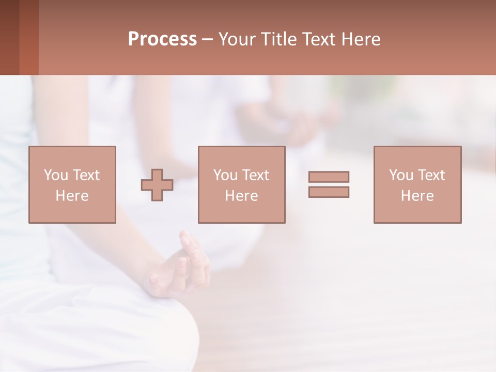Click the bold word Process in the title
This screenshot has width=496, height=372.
click(162, 39)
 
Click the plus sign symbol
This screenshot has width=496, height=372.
click(157, 184)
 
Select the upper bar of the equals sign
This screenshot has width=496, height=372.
click(329, 177)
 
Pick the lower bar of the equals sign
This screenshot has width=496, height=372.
click(329, 192)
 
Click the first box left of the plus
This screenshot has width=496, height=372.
click(72, 184)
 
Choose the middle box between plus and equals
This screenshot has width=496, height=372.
click(241, 184)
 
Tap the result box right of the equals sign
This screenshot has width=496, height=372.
click(417, 184)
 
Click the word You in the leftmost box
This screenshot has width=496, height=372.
click(55, 175)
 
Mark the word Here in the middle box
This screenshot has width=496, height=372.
click(241, 196)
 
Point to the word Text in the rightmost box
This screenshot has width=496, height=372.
click(431, 175)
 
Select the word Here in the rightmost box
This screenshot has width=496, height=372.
click(417, 196)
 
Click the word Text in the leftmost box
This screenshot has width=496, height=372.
click(86, 175)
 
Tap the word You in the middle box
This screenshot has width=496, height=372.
click(225, 175)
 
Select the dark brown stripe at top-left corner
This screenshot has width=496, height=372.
click(9, 37)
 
